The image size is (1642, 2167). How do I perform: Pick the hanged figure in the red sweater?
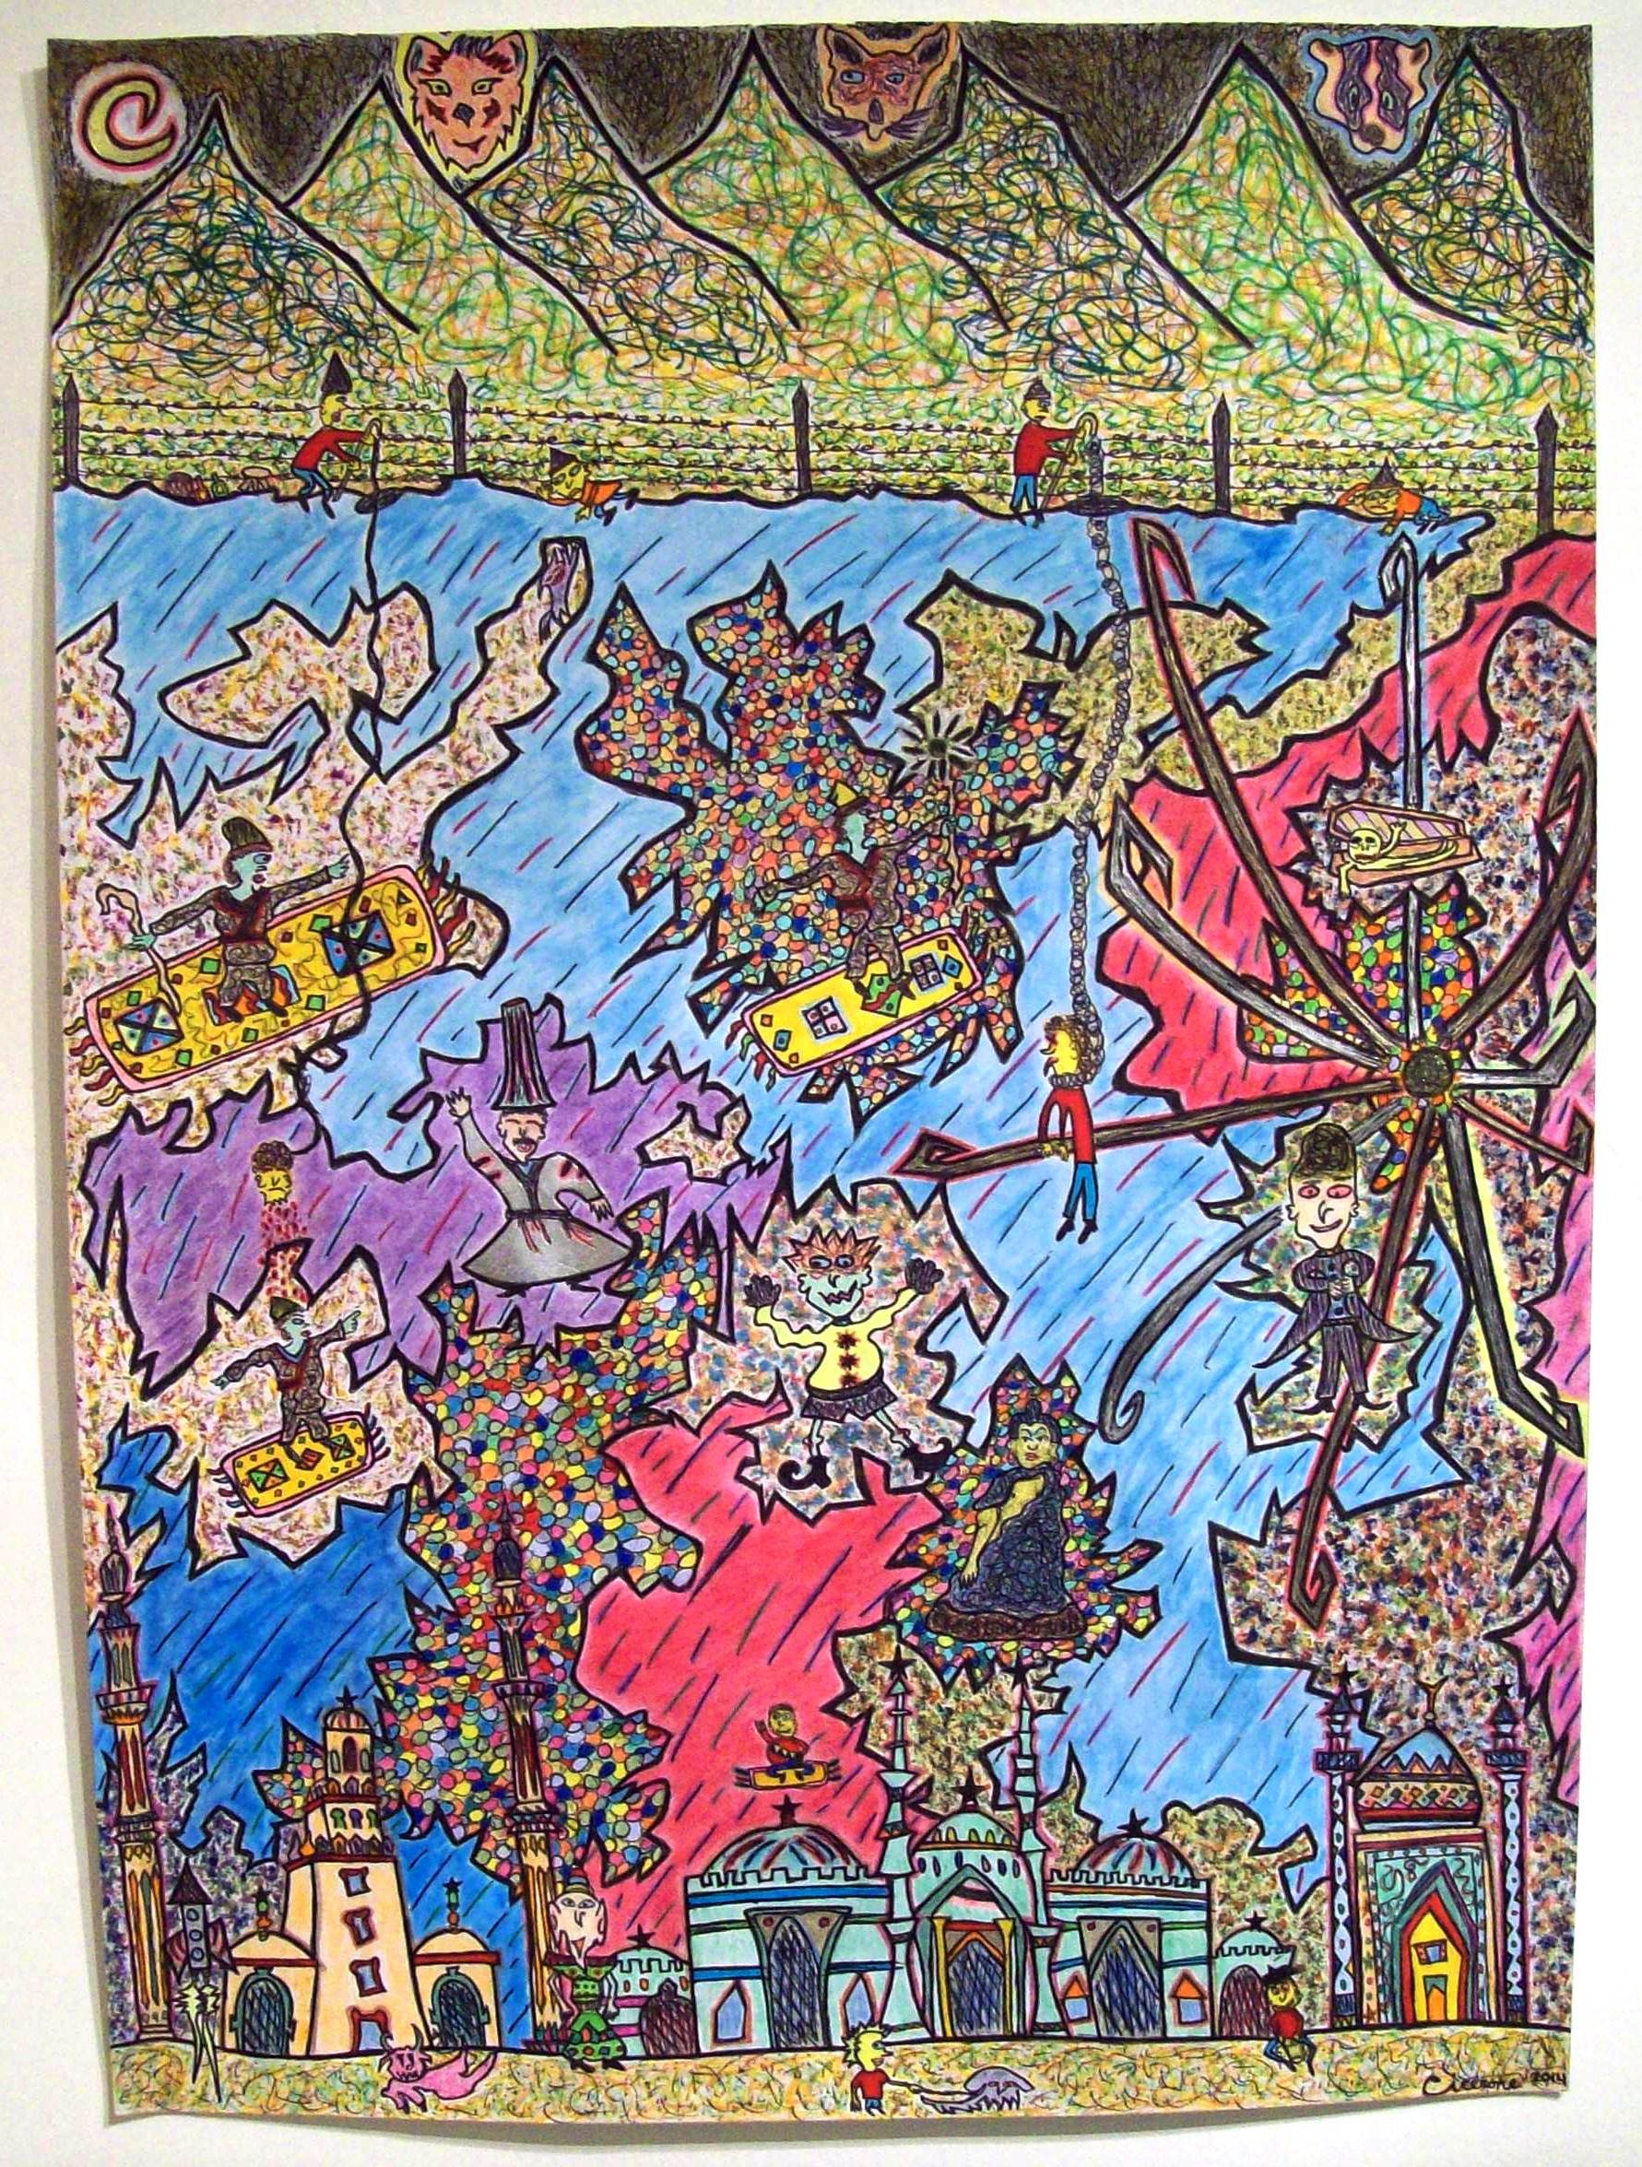point(1073,1112)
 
